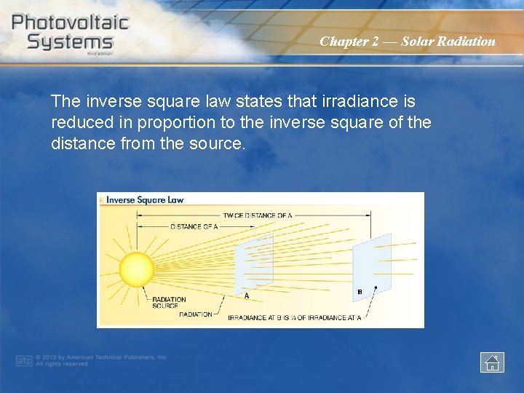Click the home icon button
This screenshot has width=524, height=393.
click(x=492, y=362)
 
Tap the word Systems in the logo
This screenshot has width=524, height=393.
click(x=70, y=41)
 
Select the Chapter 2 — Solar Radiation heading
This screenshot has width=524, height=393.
click(x=407, y=41)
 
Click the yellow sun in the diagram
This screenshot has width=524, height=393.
click(x=136, y=269)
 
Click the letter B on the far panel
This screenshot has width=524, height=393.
click(x=360, y=293)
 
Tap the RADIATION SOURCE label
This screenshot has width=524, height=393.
click(x=169, y=302)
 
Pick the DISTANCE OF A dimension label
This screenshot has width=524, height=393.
click(x=194, y=226)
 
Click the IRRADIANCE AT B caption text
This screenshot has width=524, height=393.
click(x=294, y=317)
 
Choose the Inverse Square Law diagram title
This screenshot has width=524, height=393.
click(x=145, y=199)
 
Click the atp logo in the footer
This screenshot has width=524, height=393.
click(x=24, y=360)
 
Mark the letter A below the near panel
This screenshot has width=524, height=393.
click(x=246, y=295)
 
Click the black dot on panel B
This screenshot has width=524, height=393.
click(x=374, y=287)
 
